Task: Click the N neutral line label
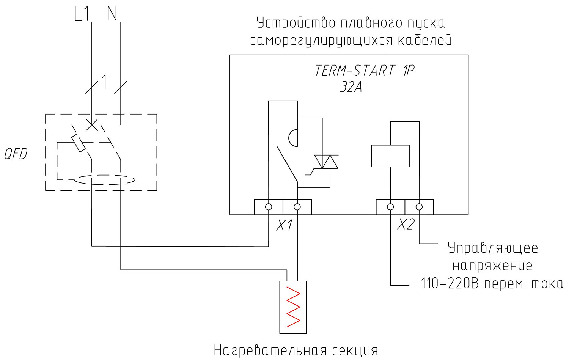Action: click(x=112, y=14)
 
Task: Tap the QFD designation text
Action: click(x=16, y=154)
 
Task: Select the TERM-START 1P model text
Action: click(x=365, y=71)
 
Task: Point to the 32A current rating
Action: click(x=351, y=87)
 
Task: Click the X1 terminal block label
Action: click(x=284, y=225)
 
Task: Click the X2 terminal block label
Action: click(x=406, y=224)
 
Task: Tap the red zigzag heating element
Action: click(x=293, y=307)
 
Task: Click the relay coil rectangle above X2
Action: click(x=390, y=156)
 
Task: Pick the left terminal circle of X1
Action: click(x=269, y=207)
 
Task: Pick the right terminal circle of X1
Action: click(x=297, y=207)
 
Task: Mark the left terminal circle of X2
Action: click(x=390, y=207)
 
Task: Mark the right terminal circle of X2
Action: click(x=419, y=207)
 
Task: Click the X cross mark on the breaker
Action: click(x=92, y=125)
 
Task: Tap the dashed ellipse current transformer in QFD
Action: click(x=104, y=180)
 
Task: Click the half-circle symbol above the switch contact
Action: click(x=293, y=138)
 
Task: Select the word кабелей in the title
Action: click(x=424, y=40)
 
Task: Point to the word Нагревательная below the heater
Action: click(x=270, y=351)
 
